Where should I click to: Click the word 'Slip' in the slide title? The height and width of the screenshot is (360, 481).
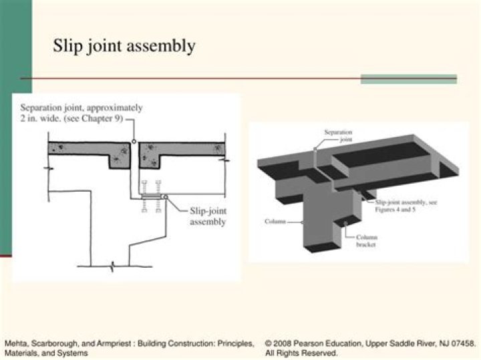[x=67, y=46]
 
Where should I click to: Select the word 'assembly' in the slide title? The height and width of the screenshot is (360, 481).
[x=164, y=47]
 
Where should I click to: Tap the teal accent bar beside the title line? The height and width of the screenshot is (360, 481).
[x=408, y=79]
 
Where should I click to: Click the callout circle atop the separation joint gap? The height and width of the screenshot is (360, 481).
[x=134, y=142]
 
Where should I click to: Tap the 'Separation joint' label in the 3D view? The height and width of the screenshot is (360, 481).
[x=337, y=136]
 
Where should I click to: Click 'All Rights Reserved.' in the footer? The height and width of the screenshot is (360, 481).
[x=301, y=353]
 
